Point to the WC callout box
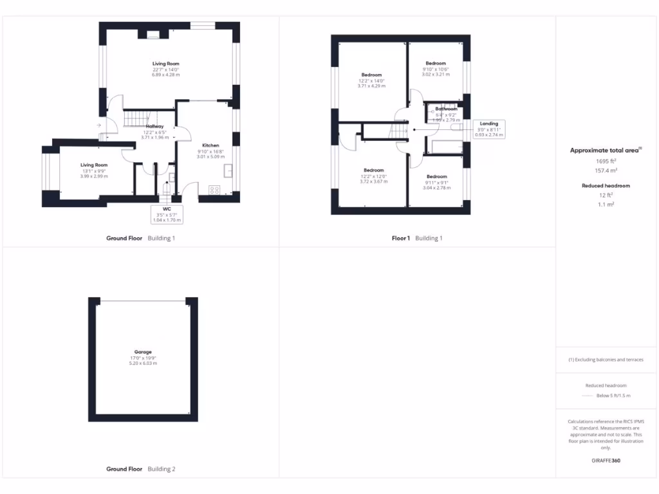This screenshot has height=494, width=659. coord(167,214)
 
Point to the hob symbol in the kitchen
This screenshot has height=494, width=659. coord(215,189)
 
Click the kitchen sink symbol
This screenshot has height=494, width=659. coord(228,170)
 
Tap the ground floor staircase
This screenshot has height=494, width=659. coord(136,118)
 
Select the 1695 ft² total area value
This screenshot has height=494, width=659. coord(605,161)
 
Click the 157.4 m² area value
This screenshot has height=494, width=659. coord(605,171)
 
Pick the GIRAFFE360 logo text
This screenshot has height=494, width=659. coord(605,461)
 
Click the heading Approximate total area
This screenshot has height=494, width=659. coord(604,150)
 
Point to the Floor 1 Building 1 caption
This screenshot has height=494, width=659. coord(417,238)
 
